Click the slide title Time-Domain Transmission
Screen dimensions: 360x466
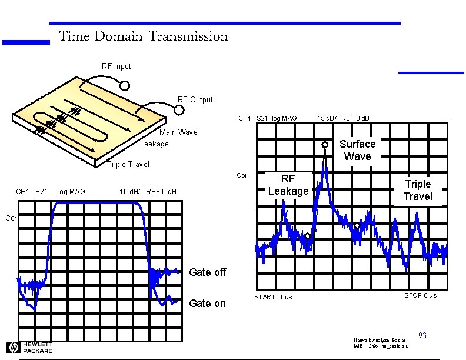tap(143, 36)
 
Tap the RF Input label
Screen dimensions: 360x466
tap(116, 66)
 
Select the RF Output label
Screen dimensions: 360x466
tap(195, 99)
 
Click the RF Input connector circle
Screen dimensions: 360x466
tap(125, 85)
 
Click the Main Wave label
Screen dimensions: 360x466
tap(178, 132)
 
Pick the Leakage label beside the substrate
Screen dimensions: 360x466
tap(154, 144)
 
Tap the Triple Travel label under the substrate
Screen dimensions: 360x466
tap(128, 165)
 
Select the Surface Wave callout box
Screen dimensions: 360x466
tap(357, 150)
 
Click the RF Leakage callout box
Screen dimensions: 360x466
tap(288, 185)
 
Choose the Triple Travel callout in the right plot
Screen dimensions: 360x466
tap(418, 190)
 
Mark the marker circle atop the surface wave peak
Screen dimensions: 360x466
tap(325, 144)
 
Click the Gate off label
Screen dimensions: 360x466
tap(207, 272)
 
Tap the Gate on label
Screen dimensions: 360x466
tap(207, 304)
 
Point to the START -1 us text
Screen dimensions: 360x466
tap(273, 297)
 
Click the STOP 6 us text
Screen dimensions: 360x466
tap(420, 295)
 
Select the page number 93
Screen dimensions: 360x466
tap(422, 336)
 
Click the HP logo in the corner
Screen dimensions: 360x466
tap(13, 347)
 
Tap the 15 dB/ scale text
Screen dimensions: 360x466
tap(327, 119)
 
